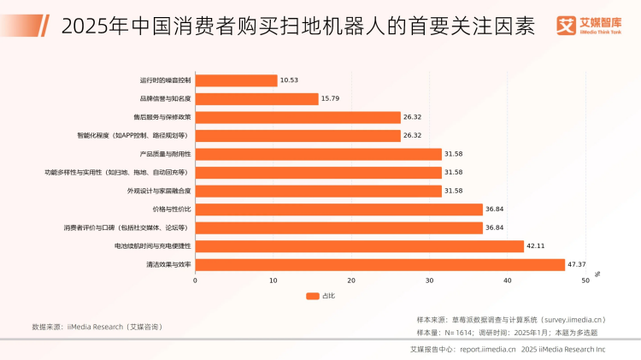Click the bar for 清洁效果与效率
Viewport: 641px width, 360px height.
[x=380, y=265]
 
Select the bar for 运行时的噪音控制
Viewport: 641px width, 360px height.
[x=237, y=80]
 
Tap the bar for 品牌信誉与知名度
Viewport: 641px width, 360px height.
[x=257, y=98]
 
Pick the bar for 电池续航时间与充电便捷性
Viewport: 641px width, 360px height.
[x=360, y=246]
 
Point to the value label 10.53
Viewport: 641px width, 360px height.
[x=291, y=80]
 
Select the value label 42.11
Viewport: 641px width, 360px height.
[x=537, y=246]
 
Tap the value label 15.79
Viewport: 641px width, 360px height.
[x=332, y=98]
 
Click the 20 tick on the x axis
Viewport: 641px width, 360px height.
[x=351, y=280]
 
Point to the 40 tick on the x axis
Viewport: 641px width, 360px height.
[x=508, y=280]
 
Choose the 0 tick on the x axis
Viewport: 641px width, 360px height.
[x=195, y=280]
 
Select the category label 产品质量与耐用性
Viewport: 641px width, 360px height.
[x=165, y=154]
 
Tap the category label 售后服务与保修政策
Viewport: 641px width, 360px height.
[x=162, y=117]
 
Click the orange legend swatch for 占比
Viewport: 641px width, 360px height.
[x=313, y=296]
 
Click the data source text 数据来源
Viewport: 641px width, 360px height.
[x=97, y=327]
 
